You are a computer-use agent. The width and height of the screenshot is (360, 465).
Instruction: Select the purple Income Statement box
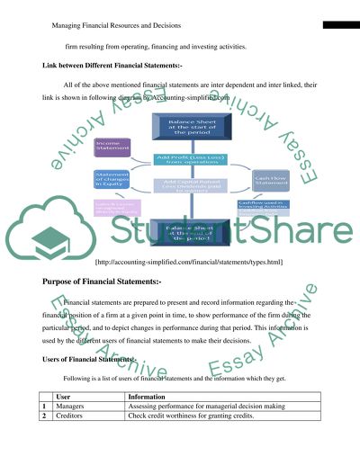[x=112, y=147]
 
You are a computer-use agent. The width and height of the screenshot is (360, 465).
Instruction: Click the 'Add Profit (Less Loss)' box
[x=187, y=160]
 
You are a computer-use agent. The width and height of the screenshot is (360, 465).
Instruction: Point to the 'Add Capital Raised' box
[x=187, y=185]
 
